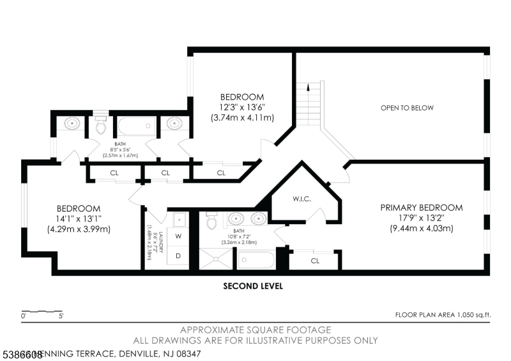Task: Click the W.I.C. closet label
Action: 301,199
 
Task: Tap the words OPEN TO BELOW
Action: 407,108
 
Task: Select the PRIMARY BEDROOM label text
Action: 421,208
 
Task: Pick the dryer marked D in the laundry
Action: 178,256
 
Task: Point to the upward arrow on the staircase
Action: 307,89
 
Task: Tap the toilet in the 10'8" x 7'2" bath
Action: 214,221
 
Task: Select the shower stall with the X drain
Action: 215,259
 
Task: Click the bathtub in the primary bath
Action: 256,260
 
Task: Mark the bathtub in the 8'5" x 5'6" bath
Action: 135,125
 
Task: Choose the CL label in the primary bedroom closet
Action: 315,261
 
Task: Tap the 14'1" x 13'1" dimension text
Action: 79,219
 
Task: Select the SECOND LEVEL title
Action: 253,286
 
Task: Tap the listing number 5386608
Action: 22,353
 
